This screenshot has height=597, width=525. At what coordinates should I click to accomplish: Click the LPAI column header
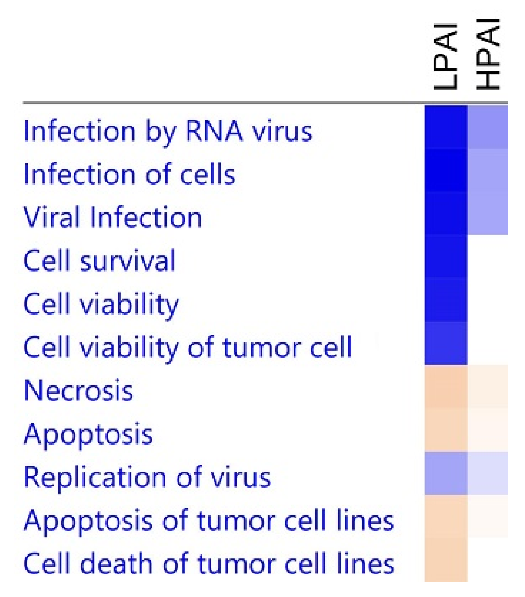pyautogui.click(x=446, y=56)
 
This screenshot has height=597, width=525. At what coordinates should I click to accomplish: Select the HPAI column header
pyautogui.click(x=488, y=54)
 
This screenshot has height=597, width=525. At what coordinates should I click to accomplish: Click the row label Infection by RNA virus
pyautogui.click(x=168, y=131)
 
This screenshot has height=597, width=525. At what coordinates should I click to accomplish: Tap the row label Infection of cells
pyautogui.click(x=129, y=174)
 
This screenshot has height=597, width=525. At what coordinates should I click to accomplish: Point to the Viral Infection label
pyautogui.click(x=113, y=217)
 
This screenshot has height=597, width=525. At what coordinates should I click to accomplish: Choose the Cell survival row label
pyautogui.click(x=99, y=261)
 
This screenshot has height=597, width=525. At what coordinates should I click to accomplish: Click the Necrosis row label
pyautogui.click(x=78, y=390)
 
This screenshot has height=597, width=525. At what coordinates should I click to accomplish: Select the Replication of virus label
pyautogui.click(x=147, y=477)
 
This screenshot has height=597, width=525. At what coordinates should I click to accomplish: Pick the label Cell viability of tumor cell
pyautogui.click(x=187, y=347)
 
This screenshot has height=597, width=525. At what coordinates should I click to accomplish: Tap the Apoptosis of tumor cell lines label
pyautogui.click(x=209, y=521)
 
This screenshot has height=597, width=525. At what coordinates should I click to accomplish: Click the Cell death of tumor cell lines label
pyautogui.click(x=209, y=564)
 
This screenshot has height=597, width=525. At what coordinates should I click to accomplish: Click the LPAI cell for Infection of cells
pyautogui.click(x=446, y=170)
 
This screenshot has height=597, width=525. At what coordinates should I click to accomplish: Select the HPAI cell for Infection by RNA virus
pyautogui.click(x=488, y=127)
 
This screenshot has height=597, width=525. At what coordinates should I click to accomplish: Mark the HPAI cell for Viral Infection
pyautogui.click(x=488, y=214)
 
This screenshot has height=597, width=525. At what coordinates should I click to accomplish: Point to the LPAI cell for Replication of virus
pyautogui.click(x=446, y=473)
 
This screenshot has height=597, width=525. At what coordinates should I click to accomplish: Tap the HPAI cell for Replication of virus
pyautogui.click(x=488, y=473)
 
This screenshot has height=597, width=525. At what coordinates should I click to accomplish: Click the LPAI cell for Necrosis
pyautogui.click(x=446, y=387)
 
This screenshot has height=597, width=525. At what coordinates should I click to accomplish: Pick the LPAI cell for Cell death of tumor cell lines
pyautogui.click(x=446, y=560)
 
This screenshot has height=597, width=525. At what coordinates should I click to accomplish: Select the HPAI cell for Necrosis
pyautogui.click(x=488, y=387)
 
